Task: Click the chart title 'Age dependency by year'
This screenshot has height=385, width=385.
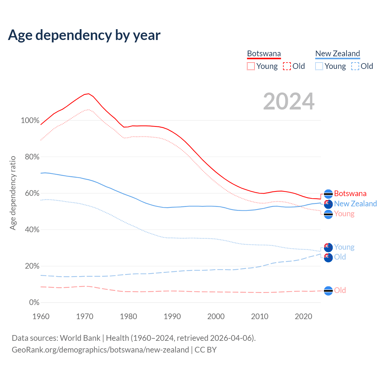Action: click(x=84, y=35)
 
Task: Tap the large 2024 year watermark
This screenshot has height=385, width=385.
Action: click(x=289, y=101)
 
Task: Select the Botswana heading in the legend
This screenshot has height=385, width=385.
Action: click(x=264, y=54)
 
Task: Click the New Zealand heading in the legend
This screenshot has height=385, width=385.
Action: click(x=337, y=54)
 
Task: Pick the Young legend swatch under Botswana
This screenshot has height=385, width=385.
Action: click(x=251, y=66)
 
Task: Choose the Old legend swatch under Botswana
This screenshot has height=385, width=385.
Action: click(x=287, y=66)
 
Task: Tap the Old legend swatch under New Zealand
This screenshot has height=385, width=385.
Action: click(x=355, y=66)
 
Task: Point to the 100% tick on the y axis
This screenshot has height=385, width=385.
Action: click(x=30, y=121)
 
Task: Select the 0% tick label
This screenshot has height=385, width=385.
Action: click(x=34, y=303)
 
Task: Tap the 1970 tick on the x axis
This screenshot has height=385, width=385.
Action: click(x=85, y=316)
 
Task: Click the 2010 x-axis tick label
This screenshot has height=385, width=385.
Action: click(x=260, y=316)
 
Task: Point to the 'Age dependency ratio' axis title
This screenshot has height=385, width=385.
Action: click(x=13, y=193)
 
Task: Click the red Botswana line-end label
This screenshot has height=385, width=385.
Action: click(x=350, y=193)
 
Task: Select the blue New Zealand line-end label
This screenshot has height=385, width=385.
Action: click(x=355, y=204)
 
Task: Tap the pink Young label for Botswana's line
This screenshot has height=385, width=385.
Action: click(x=344, y=214)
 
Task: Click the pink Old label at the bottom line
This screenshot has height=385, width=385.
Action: click(x=340, y=290)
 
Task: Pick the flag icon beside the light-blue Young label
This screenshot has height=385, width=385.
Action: click(x=328, y=248)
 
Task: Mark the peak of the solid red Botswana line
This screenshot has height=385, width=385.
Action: click(x=88, y=94)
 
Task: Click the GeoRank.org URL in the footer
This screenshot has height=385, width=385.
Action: click(x=100, y=350)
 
